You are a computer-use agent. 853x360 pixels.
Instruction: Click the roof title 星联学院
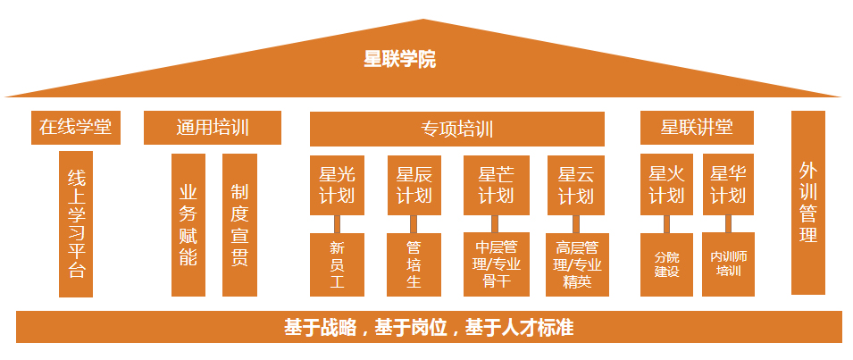pyautogui.click(x=399, y=60)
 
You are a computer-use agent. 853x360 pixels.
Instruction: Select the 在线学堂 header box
pyautogui.click(x=75, y=127)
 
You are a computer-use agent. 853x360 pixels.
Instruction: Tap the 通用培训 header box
pyautogui.click(x=212, y=127)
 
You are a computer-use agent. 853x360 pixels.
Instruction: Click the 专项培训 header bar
pyautogui.click(x=456, y=129)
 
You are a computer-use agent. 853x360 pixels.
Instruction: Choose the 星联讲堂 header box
pyautogui.click(x=697, y=127)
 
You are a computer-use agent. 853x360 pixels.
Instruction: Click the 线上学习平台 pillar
pyautogui.click(x=76, y=223)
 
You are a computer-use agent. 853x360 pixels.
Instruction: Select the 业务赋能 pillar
pyautogui.click(x=188, y=225)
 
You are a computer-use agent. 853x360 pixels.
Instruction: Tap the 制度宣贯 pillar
pyautogui.click(x=239, y=225)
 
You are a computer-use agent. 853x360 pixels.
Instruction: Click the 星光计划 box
pyautogui.click(x=337, y=185)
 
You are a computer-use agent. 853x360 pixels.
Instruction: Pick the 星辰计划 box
pyautogui.click(x=414, y=185)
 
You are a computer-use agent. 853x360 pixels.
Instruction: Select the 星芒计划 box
pyautogui.click(x=496, y=185)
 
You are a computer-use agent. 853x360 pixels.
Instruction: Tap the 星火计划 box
pyautogui.click(x=666, y=185)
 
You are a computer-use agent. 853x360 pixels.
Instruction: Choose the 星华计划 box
pyautogui.click(x=728, y=185)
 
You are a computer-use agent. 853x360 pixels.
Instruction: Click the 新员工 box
pyautogui.click(x=337, y=264)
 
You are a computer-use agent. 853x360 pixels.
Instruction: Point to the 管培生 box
pyautogui.click(x=414, y=264)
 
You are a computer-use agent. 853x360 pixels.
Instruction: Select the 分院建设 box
pyautogui.click(x=666, y=264)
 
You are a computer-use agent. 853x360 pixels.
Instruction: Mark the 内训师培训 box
pyautogui.click(x=728, y=264)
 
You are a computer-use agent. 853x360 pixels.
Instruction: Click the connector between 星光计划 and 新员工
pyautogui.click(x=338, y=223)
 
